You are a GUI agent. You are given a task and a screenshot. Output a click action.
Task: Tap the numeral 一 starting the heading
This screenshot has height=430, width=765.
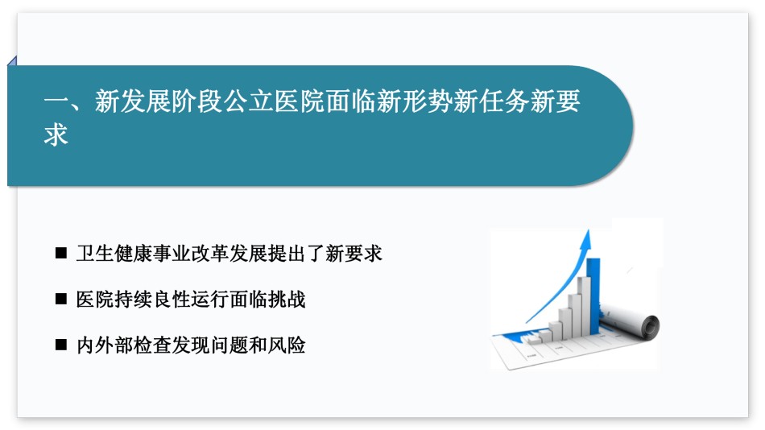click(x=56, y=102)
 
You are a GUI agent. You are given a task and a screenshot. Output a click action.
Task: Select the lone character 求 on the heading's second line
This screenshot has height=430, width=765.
click(x=56, y=135)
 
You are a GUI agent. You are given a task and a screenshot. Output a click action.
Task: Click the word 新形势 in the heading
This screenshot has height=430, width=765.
click(x=403, y=101)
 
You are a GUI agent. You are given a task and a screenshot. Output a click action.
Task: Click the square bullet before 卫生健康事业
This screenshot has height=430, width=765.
click(x=61, y=253)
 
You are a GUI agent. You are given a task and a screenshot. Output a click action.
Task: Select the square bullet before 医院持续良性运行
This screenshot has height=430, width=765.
click(x=61, y=299)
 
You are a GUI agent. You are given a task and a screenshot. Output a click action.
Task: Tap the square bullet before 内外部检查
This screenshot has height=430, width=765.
click(x=61, y=345)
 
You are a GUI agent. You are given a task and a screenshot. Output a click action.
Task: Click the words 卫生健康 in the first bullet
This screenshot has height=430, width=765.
click(x=114, y=254)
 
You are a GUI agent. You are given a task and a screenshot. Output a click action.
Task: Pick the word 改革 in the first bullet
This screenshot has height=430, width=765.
click(x=210, y=254)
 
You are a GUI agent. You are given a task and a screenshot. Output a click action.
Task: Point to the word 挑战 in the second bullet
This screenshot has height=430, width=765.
click(x=287, y=300)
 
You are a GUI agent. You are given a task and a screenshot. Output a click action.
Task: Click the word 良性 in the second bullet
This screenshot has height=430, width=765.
click(x=172, y=300)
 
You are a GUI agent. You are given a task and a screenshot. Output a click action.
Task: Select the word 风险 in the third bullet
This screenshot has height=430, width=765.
click(x=287, y=345)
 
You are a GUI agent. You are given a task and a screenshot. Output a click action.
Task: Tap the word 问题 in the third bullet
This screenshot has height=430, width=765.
click(x=229, y=345)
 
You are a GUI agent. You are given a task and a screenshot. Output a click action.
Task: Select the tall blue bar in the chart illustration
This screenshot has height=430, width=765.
click(x=593, y=296)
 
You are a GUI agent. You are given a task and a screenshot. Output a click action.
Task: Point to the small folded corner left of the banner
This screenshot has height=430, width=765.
click(x=12, y=60)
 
